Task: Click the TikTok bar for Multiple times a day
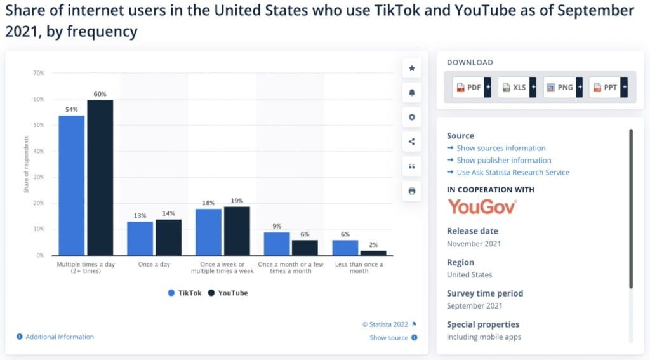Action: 72,185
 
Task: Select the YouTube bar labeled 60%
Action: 100,177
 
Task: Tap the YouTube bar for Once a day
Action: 168,237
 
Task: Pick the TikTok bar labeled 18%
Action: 208,232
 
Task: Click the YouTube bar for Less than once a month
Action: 373,253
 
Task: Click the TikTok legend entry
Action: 185,293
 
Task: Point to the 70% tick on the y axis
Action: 39,73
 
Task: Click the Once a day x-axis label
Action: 154,264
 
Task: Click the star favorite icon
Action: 412,68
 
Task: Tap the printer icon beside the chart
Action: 412,190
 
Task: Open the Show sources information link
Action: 501,148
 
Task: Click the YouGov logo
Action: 482,206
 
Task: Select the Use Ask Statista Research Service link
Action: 512,172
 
